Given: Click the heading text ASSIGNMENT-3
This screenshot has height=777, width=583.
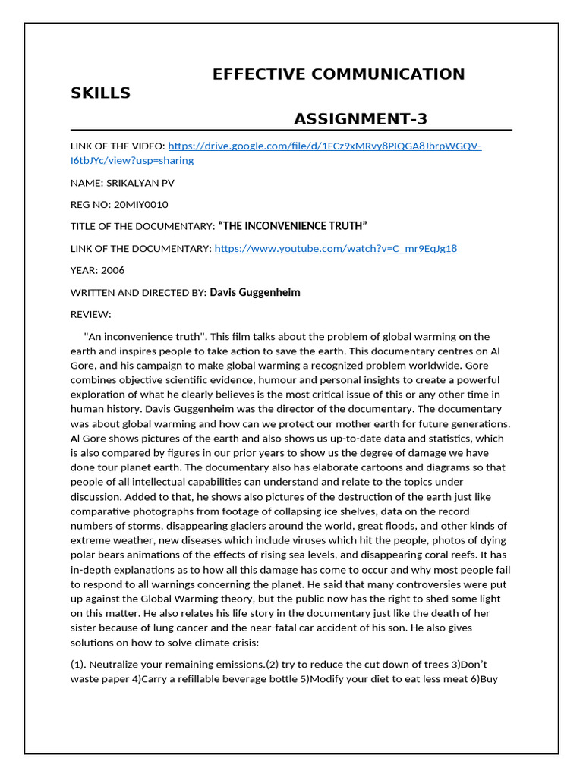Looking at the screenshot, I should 361,118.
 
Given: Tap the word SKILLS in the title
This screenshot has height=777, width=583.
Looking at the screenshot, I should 100,93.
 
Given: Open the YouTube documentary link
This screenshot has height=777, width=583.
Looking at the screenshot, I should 336,248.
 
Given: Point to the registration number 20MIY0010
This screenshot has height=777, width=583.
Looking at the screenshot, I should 140,205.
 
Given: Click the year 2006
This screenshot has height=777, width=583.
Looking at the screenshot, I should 112,270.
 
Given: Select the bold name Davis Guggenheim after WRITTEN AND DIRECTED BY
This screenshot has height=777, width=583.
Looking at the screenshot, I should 260,292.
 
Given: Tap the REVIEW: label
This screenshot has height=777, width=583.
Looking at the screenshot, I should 91,314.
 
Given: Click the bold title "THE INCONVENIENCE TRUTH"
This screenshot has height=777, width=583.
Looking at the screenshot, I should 292,226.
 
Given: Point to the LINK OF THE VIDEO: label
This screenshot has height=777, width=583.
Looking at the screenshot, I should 117,146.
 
